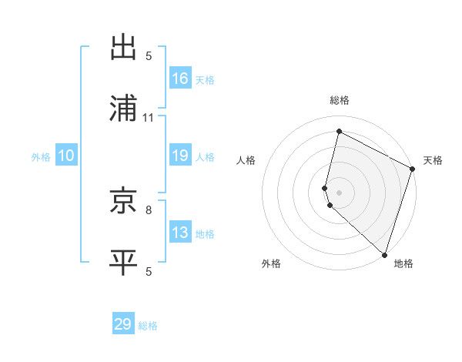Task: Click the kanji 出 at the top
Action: [125, 48]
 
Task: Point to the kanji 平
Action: [125, 262]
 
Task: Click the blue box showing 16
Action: [180, 78]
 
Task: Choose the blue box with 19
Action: [180, 156]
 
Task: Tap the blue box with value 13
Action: [180, 233]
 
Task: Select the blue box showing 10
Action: [65, 156]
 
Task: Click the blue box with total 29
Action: [123, 324]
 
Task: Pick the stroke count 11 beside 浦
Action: [149, 118]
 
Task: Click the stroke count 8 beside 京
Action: [149, 209]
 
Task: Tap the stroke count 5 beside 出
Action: [149, 56]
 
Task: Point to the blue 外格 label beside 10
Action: [41, 156]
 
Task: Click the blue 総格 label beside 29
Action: [148, 325]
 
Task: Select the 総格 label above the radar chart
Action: [340, 100]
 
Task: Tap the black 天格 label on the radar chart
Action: [433, 160]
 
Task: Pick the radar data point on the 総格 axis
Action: [339, 131]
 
